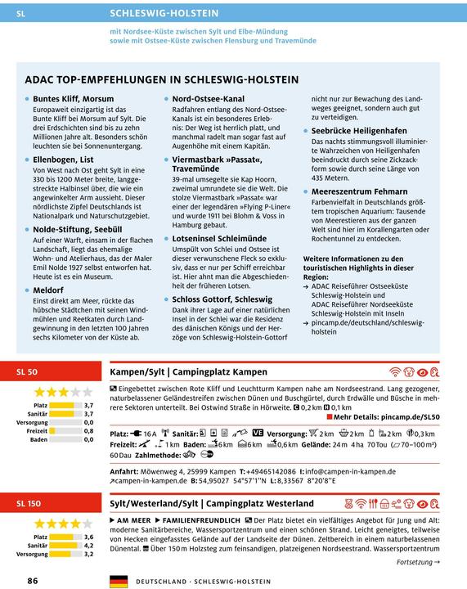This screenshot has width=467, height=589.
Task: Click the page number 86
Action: coord(32,580)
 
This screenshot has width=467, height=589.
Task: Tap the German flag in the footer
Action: coord(119,580)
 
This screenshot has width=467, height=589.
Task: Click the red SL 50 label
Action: coord(28,371)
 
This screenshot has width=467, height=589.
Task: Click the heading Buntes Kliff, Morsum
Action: coord(73,99)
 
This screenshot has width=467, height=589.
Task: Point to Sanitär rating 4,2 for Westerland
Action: coord(89,544)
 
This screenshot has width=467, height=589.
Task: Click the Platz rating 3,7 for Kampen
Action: coord(89,405)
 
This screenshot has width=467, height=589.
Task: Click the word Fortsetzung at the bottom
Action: coord(418,562)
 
